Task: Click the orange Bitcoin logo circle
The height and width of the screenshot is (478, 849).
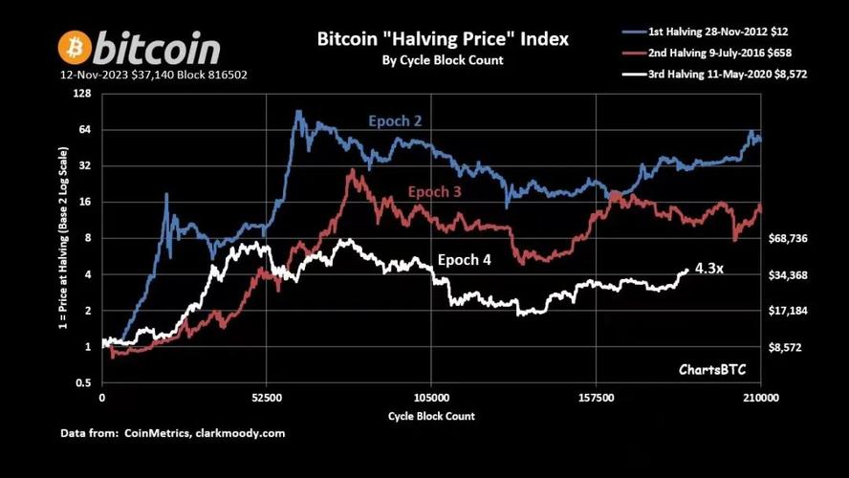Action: pyautogui.click(x=75, y=46)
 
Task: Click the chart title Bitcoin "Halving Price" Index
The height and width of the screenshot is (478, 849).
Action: pyautogui.click(x=443, y=39)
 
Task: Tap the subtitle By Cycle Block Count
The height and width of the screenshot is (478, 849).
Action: pyautogui.click(x=442, y=60)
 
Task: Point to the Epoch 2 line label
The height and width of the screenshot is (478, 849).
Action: pyautogui.click(x=394, y=121)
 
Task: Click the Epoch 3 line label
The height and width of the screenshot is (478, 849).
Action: pyautogui.click(x=441, y=192)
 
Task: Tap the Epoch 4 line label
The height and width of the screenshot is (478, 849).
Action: pyautogui.click(x=464, y=260)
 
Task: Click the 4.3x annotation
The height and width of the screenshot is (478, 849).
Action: pyautogui.click(x=708, y=269)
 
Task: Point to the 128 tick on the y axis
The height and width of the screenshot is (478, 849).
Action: pyautogui.click(x=82, y=94)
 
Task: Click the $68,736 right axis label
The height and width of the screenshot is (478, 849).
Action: pyautogui.click(x=790, y=239)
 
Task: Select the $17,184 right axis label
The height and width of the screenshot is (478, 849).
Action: pyautogui.click(x=790, y=312)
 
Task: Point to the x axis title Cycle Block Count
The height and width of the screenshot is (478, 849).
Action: pyautogui.click(x=431, y=416)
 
